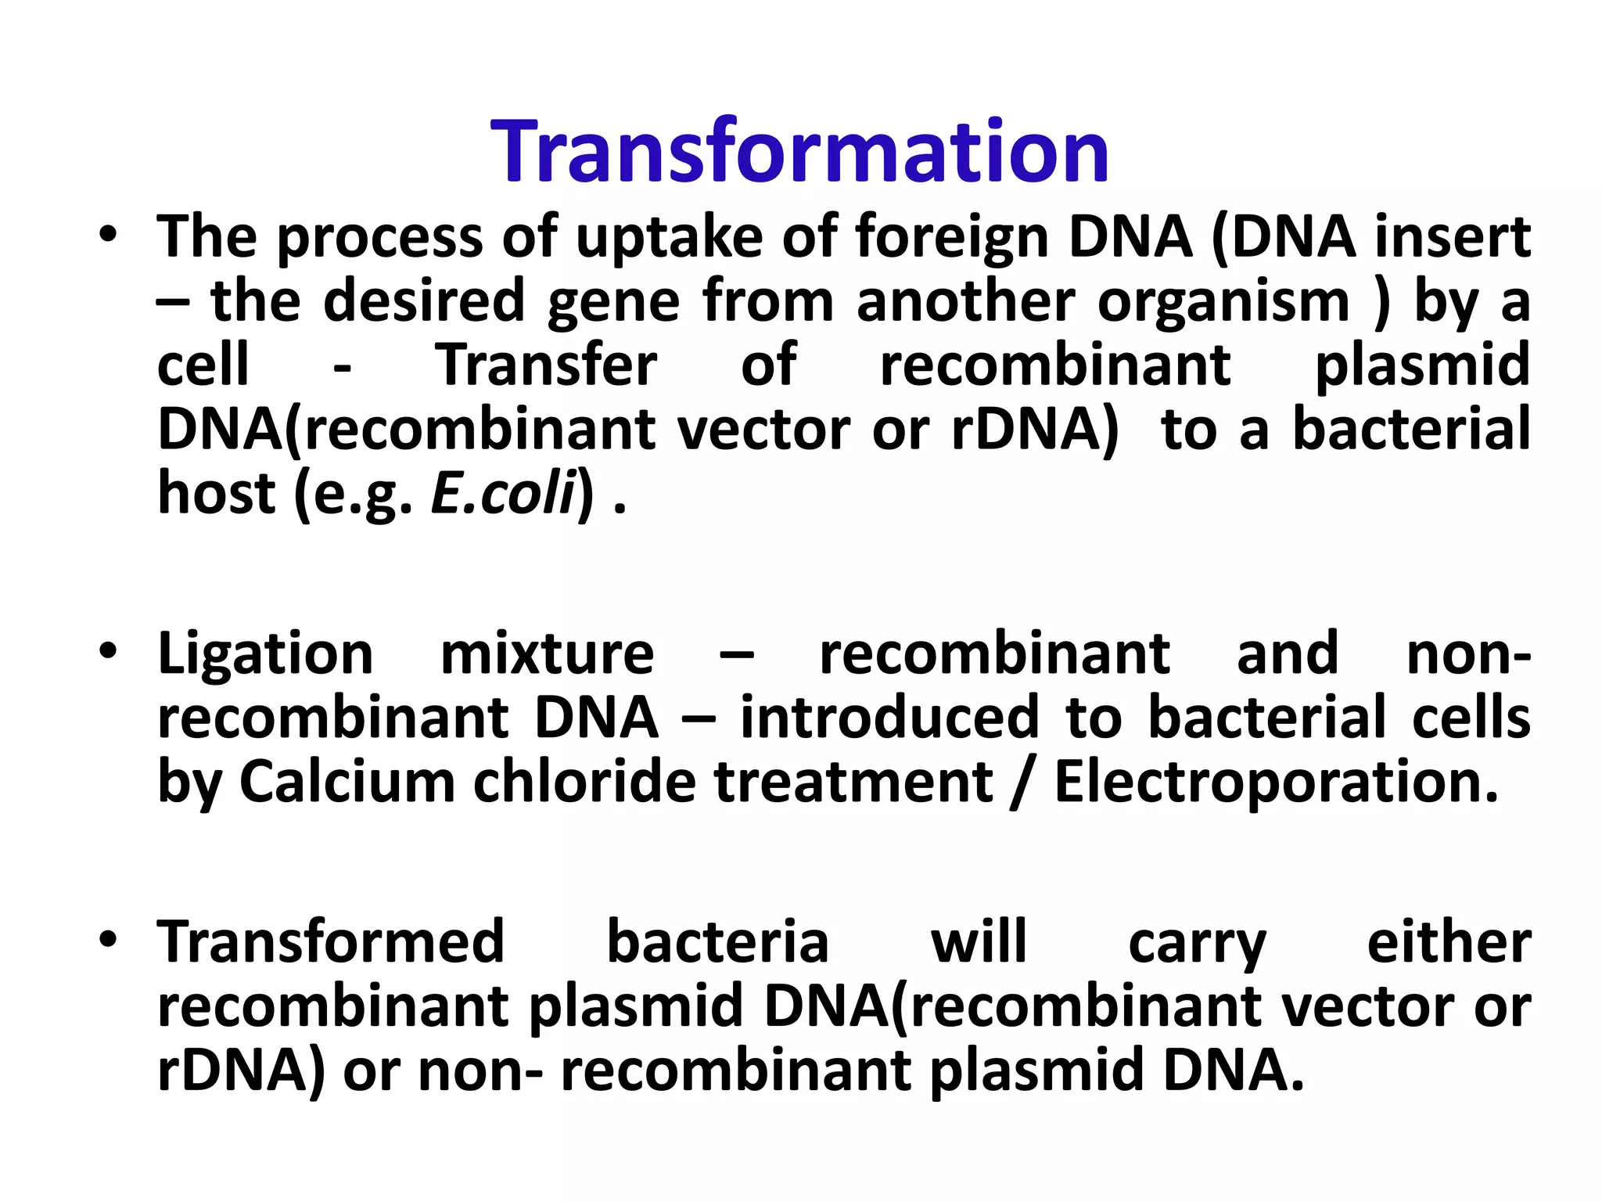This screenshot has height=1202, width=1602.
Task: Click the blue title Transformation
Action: [x=799, y=152]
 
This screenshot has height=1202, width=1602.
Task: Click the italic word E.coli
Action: [x=503, y=495]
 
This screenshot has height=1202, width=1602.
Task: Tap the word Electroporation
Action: [x=1276, y=782]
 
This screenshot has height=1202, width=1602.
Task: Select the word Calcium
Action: [x=347, y=782]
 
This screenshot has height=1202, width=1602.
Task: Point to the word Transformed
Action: [x=331, y=942]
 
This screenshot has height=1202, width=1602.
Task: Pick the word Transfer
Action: [x=547, y=365]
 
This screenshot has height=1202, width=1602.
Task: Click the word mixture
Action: [x=547, y=654]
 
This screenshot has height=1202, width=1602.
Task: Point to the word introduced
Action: [x=889, y=718]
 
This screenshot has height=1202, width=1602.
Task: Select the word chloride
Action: [x=584, y=782]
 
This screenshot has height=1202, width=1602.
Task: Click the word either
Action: [x=1449, y=942]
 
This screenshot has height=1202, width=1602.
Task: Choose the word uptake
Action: [x=669, y=238]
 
